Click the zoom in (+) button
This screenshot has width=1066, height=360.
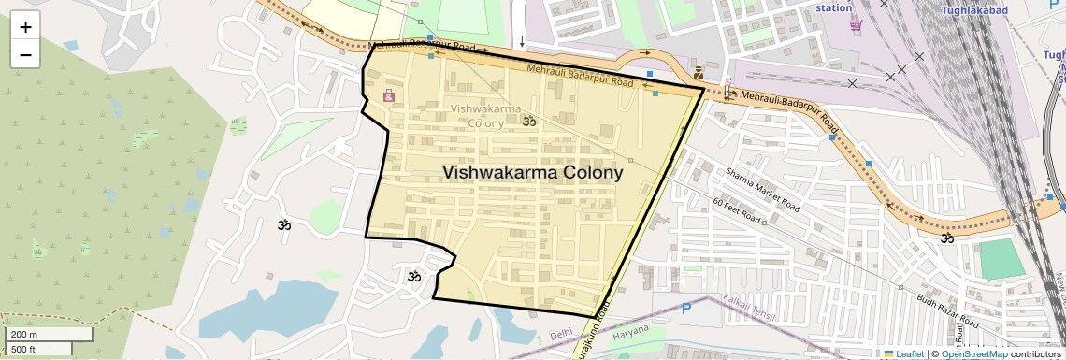(25, 27)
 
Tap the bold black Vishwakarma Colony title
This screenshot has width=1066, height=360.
(532, 173)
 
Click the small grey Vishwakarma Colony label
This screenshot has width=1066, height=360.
(485, 116)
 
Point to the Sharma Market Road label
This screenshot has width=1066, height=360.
(763, 188)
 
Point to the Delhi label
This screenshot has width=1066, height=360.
(561, 334)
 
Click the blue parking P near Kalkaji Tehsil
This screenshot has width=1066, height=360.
(686, 308)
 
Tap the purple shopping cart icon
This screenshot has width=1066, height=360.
(856, 25)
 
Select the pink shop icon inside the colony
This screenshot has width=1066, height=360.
(389, 95)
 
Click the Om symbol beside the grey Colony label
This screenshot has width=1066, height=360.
(529, 122)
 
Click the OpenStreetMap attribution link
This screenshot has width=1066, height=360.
(973, 353)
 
